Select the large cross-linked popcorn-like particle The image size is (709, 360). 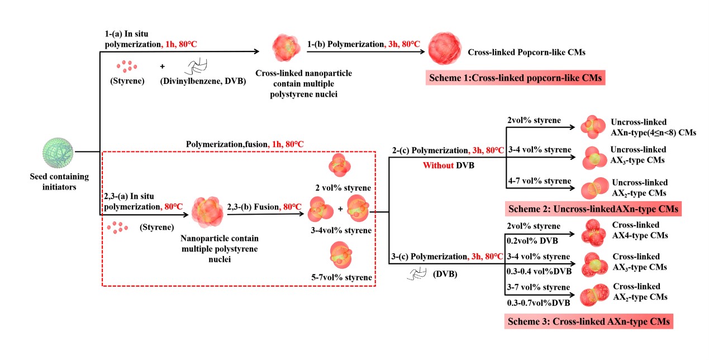446,51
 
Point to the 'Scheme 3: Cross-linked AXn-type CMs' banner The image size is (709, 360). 588,322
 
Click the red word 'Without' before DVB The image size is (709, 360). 438,166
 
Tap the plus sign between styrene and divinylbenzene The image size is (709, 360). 163,67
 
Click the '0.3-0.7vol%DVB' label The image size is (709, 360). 538,303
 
